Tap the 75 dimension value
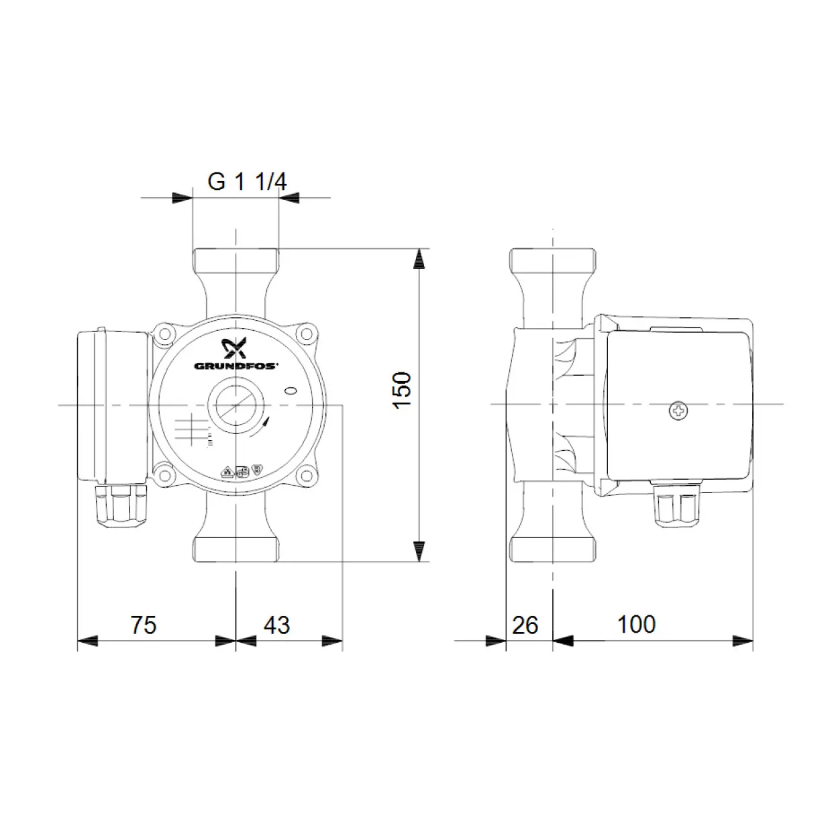144,625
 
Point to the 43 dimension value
276,625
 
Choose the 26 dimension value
525,625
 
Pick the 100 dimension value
637,624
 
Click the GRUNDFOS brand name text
236,366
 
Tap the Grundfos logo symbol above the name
233,348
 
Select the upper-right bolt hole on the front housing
306,333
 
